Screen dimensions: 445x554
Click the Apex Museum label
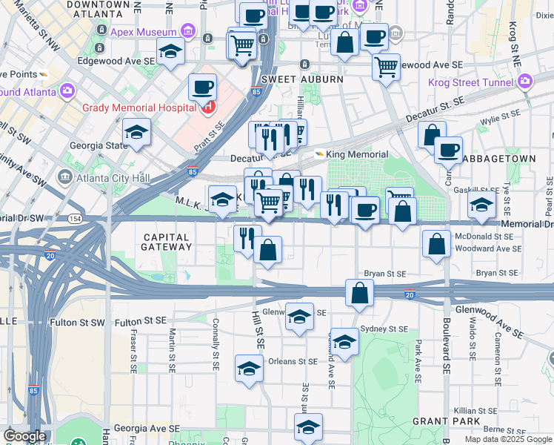click(144, 32)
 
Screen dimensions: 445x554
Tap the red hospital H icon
click(208, 108)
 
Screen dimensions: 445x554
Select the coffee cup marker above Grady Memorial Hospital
click(202, 88)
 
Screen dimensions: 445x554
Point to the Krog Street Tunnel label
click(472, 82)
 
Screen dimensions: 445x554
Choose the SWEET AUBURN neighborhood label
click(302, 79)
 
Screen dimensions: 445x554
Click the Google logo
click(24, 436)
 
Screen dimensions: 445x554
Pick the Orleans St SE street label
click(292, 362)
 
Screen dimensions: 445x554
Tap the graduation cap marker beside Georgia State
click(136, 133)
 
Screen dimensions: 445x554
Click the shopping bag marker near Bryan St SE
click(359, 293)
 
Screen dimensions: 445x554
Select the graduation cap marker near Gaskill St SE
click(481, 205)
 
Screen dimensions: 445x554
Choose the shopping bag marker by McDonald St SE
click(437, 244)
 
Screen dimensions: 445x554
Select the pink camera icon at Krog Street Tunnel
click(526, 82)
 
